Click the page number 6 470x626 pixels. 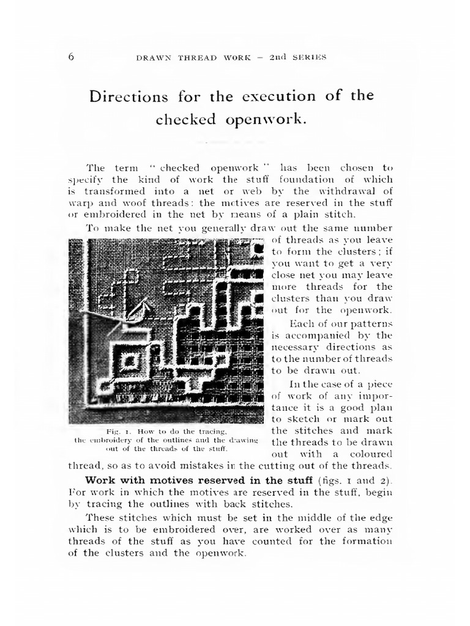[x=70, y=57]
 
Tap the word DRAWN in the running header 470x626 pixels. [x=152, y=57]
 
